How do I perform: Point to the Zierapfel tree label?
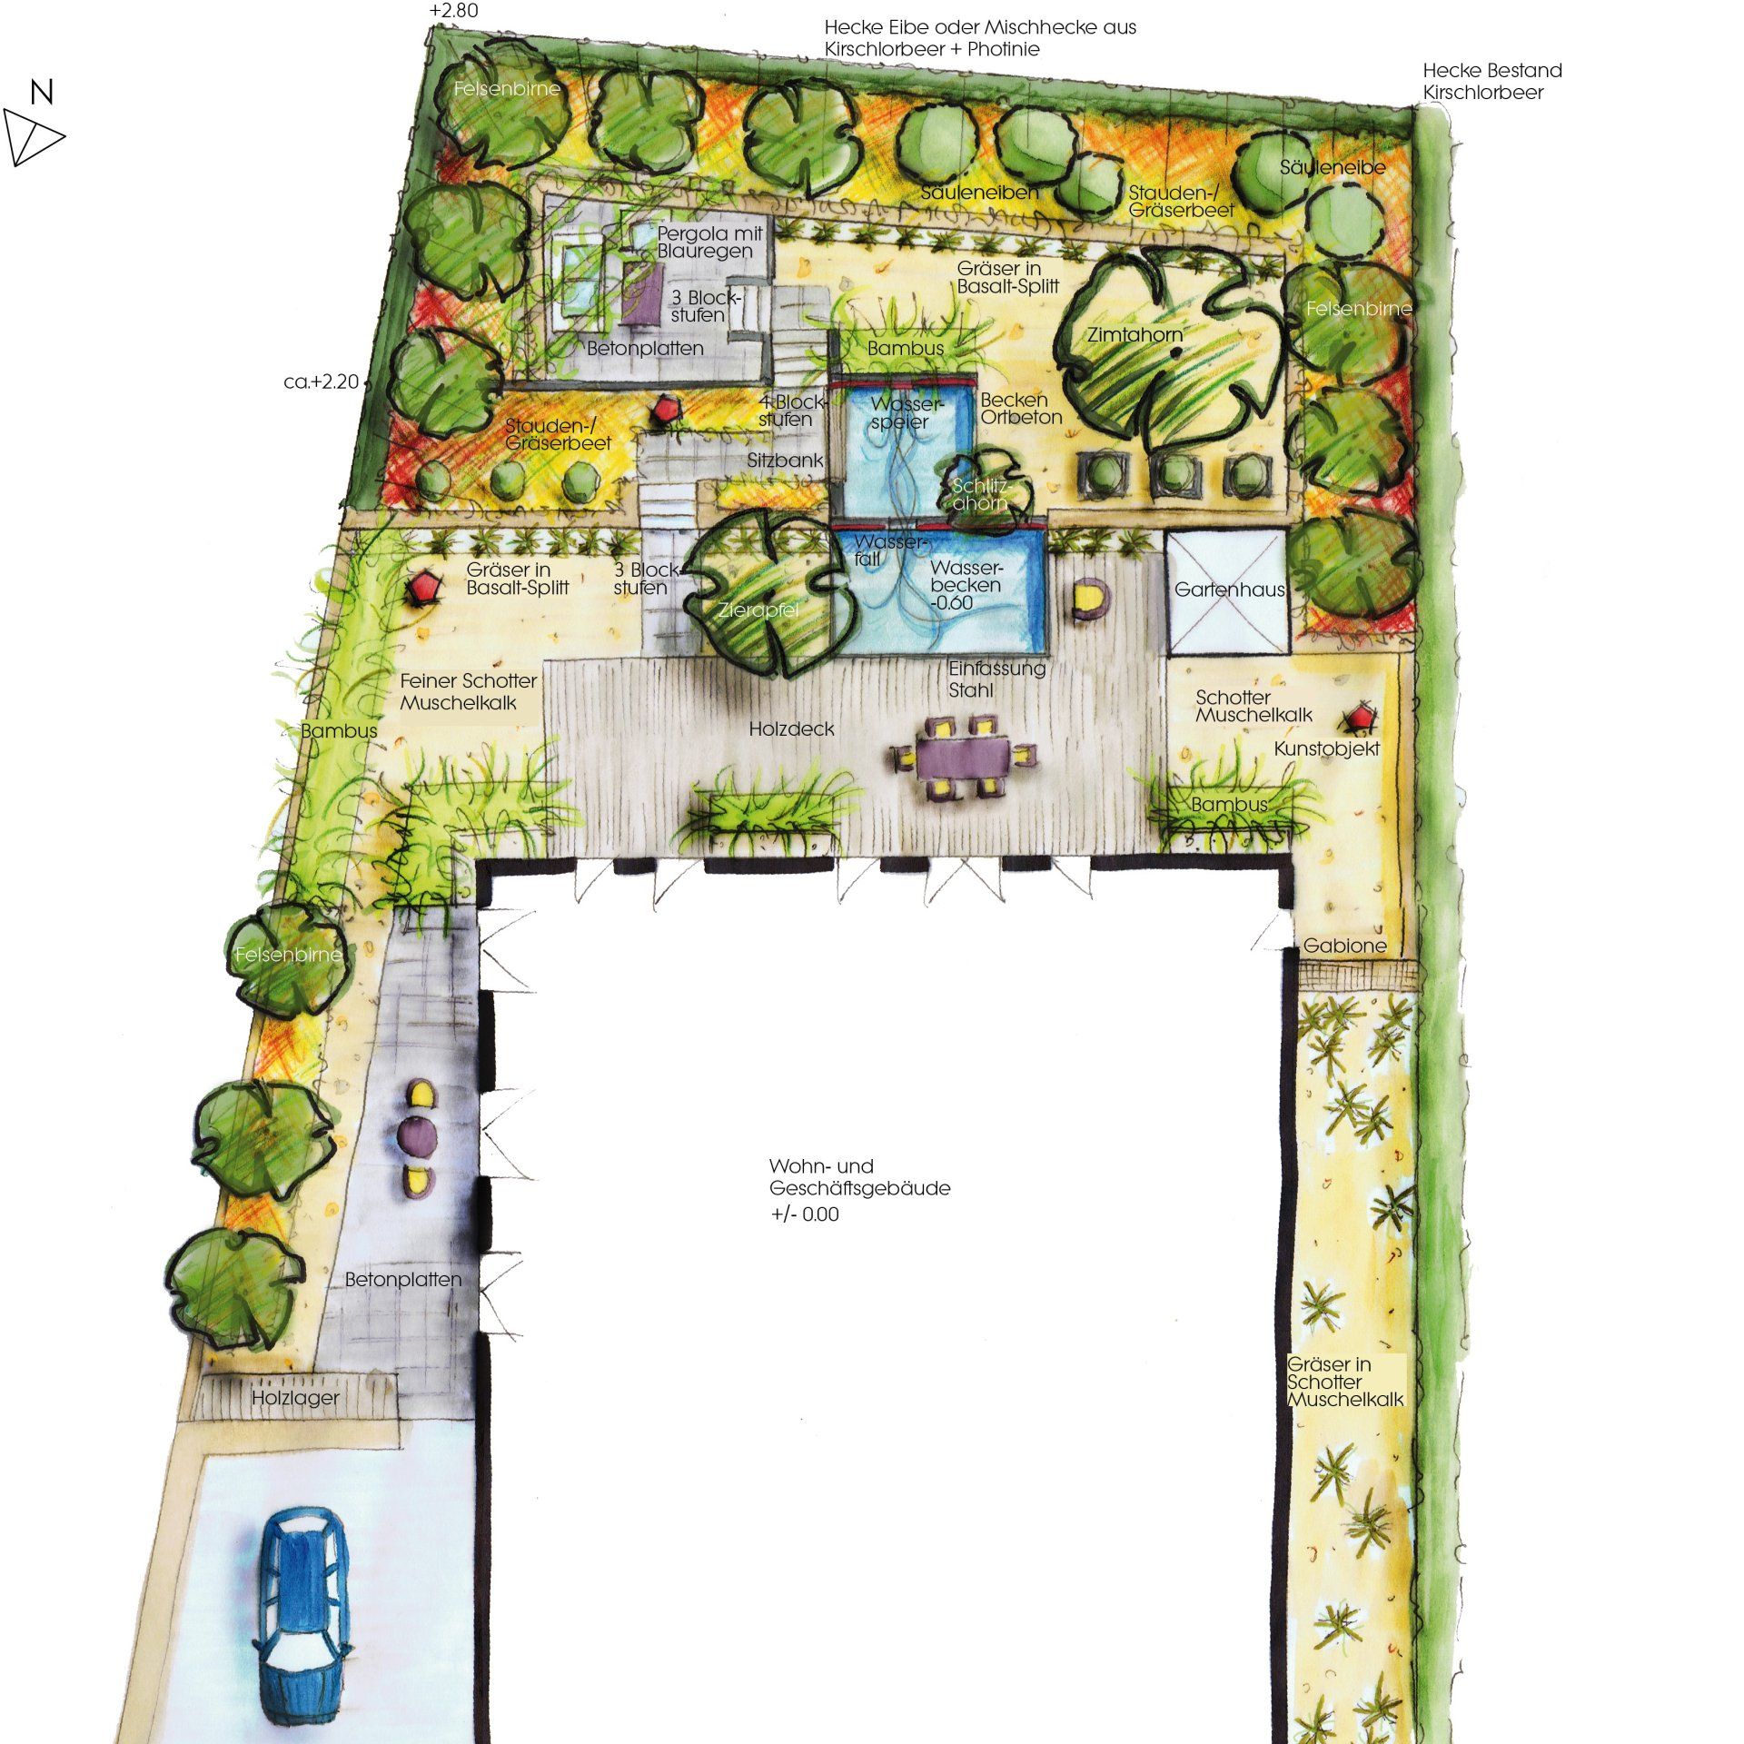(758, 609)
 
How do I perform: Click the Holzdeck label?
(791, 728)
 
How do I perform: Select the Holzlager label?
(295, 1398)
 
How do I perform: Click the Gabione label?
(1344, 946)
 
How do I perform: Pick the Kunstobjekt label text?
(1327, 748)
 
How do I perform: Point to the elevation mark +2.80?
(453, 11)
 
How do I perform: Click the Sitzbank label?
(785, 461)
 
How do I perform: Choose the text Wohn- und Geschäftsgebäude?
(859, 1177)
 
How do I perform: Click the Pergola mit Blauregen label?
(709, 242)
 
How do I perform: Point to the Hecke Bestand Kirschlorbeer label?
(1491, 81)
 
